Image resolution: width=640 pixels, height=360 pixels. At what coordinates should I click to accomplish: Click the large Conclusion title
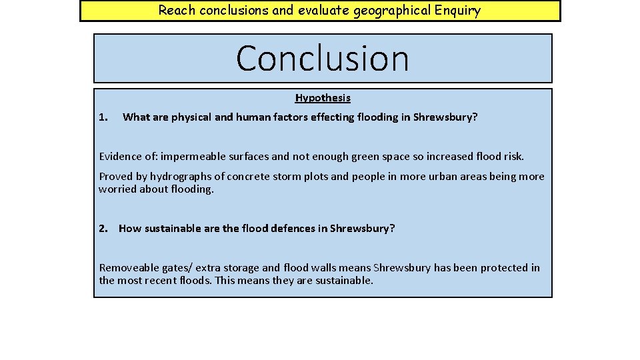pyautogui.click(x=322, y=58)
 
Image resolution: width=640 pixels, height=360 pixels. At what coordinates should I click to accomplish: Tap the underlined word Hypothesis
pyautogui.click(x=323, y=98)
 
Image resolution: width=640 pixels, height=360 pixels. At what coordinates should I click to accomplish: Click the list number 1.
pyautogui.click(x=103, y=117)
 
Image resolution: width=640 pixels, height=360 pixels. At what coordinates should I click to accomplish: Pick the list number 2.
pyautogui.click(x=103, y=229)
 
